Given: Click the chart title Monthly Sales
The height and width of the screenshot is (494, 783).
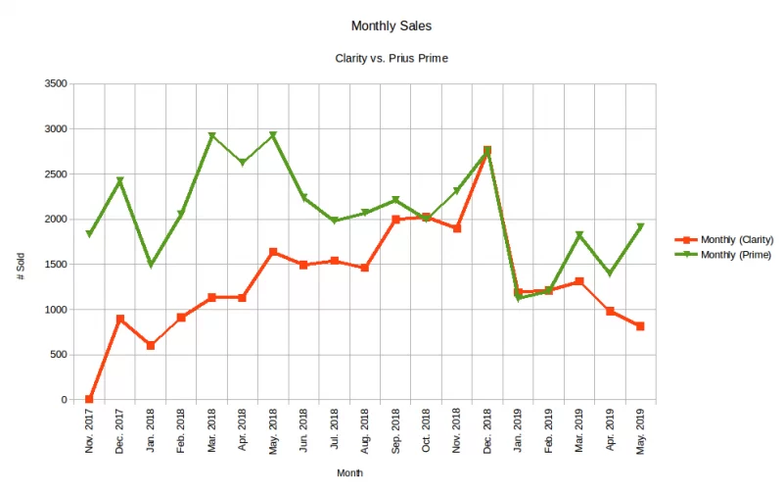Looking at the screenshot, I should [x=391, y=24].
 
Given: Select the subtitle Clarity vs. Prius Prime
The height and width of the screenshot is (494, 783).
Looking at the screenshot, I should [x=391, y=59].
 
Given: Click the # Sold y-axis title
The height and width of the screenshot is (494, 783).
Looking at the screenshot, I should [x=21, y=265].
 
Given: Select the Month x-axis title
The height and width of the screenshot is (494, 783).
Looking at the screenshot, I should [x=350, y=473].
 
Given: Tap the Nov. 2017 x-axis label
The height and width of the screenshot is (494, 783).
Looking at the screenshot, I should [x=89, y=431].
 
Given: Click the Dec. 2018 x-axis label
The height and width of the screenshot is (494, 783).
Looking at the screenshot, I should [x=487, y=431].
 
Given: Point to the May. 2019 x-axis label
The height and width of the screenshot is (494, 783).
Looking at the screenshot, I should [x=640, y=431].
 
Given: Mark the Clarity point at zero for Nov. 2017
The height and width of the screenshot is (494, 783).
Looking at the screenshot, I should [x=89, y=399].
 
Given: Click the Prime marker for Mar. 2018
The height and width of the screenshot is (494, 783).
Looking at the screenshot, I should [x=211, y=136].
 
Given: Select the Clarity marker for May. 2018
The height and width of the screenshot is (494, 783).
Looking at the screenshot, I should [x=273, y=252].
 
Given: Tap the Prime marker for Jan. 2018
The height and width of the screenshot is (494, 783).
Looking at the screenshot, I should [x=151, y=265].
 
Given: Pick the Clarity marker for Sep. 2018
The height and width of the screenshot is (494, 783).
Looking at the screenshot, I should [x=395, y=220].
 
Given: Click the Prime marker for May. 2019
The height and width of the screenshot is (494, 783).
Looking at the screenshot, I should [x=640, y=227].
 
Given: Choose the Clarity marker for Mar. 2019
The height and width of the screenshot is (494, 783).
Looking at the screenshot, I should [x=579, y=281].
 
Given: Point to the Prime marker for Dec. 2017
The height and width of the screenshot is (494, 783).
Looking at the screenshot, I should [x=119, y=181].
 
